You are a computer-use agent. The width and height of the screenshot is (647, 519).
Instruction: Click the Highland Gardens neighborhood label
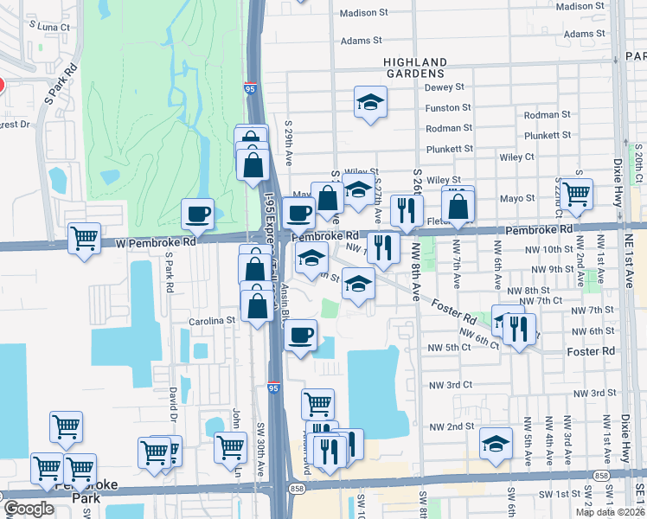pyautogui.click(x=415, y=68)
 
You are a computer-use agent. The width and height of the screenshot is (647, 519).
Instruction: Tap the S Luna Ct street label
pyautogui.click(x=48, y=27)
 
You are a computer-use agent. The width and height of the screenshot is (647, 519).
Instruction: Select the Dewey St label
pyautogui.click(x=445, y=87)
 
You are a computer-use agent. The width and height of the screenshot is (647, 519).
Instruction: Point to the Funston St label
pyautogui.click(x=447, y=108)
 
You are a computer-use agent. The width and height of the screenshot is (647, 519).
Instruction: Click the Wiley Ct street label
pyautogui.click(x=517, y=157)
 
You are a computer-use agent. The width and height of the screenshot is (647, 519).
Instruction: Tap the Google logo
pyautogui.click(x=29, y=509)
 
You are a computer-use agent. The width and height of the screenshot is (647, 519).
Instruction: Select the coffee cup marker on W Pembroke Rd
pyautogui.click(x=197, y=214)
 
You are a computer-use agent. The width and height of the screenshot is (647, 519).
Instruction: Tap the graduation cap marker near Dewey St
pyautogui.click(x=370, y=102)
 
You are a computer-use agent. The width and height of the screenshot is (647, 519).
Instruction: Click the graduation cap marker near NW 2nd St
pyautogui.click(x=496, y=443)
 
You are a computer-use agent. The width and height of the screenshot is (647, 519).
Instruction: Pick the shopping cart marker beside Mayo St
pyautogui.click(x=576, y=193)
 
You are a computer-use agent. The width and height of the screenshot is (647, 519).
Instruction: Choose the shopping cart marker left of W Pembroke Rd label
pyautogui.click(x=85, y=238)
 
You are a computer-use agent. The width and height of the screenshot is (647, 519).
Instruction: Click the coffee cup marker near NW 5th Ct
pyautogui.click(x=300, y=335)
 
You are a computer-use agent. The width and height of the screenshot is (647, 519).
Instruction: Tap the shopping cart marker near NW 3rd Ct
pyautogui.click(x=317, y=403)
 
